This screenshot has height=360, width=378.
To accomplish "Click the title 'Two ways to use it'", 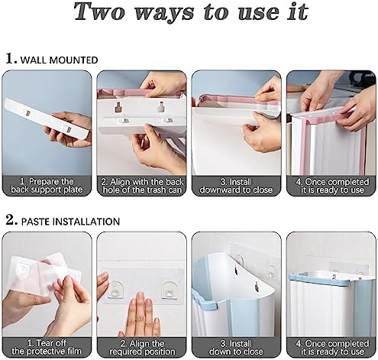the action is (x=191, y=12).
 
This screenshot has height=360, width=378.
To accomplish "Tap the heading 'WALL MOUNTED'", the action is (x=59, y=60).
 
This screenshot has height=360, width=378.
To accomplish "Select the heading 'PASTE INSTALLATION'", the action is (x=70, y=222).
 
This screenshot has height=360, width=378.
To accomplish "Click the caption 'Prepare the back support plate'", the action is (x=47, y=186).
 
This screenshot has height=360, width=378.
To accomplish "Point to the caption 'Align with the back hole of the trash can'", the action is (x=142, y=186).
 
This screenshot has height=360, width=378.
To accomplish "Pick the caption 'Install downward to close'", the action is (x=236, y=186).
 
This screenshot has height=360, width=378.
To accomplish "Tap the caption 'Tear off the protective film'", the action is (x=47, y=347).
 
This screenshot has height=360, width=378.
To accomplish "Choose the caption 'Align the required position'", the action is (x=142, y=348).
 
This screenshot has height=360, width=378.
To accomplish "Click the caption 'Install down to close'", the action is (x=236, y=348).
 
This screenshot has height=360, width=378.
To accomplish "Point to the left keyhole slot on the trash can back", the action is (x=118, y=107).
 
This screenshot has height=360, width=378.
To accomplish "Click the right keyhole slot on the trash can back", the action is (x=161, y=106).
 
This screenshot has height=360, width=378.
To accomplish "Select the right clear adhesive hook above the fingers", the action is (x=170, y=290).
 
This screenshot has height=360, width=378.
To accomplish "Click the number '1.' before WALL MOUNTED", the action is (x=11, y=59).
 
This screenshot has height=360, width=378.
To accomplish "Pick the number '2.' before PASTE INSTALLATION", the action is (x=11, y=219).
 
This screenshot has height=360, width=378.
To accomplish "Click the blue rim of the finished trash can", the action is (x=331, y=278).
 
